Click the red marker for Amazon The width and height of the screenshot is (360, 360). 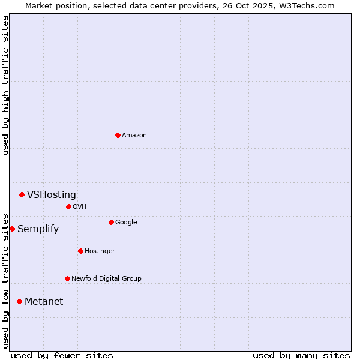pyautogui.click(x=118, y=135)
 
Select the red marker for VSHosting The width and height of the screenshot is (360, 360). pyautogui.click(x=22, y=194)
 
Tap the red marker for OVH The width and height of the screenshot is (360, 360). pyautogui.click(x=68, y=206)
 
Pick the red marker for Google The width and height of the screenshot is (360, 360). pyautogui.click(x=111, y=222)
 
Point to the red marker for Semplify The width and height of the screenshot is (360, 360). pyautogui.click(x=12, y=229)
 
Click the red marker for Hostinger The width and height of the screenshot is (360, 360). pyautogui.click(x=80, y=251)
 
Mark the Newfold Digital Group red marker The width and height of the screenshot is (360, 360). pyautogui.click(x=67, y=278)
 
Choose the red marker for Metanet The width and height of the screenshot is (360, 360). pyautogui.click(x=19, y=301)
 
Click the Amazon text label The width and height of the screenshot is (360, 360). pyautogui.click(x=134, y=136)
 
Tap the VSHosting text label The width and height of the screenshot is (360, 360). pyautogui.click(x=52, y=195)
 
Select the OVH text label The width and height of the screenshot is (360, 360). pyautogui.click(x=80, y=207)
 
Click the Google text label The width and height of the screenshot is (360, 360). pyautogui.click(x=126, y=223)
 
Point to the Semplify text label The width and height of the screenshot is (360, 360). pyautogui.click(x=38, y=229)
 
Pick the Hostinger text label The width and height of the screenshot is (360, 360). pyautogui.click(x=100, y=251)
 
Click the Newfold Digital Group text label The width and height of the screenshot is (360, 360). pyautogui.click(x=106, y=279)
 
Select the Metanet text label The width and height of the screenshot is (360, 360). pyautogui.click(x=44, y=302)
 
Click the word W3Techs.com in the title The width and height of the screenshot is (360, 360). pyautogui.click(x=308, y=6)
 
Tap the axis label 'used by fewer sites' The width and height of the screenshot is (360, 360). pyautogui.click(x=62, y=355)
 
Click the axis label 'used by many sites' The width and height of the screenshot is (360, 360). pyautogui.click(x=301, y=355)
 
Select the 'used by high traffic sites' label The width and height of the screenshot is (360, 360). pyautogui.click(x=6, y=86)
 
